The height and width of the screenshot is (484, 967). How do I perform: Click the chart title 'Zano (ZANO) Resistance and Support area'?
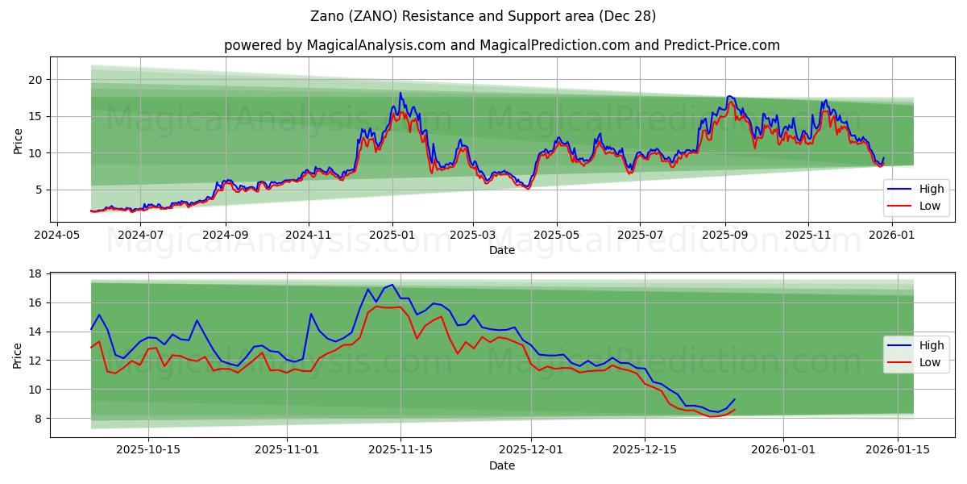point(483,16)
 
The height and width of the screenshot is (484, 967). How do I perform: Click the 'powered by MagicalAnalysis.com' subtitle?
point(501,45)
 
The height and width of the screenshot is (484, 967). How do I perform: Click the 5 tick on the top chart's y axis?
point(39,190)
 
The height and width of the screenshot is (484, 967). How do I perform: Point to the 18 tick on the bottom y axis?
point(35,273)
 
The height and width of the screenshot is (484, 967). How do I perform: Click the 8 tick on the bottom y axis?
point(39,418)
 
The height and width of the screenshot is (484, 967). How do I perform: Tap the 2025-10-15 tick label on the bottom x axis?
point(148,449)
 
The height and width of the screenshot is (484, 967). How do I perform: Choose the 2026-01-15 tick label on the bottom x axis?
point(897,449)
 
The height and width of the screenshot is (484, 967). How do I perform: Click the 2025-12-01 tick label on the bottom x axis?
point(530,449)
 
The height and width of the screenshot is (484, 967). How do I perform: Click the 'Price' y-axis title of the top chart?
point(18,139)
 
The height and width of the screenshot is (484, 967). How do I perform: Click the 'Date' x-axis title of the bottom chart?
point(502,465)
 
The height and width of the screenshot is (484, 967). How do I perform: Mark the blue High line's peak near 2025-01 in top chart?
point(400,93)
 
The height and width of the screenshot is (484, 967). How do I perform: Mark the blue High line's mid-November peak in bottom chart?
point(392,284)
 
